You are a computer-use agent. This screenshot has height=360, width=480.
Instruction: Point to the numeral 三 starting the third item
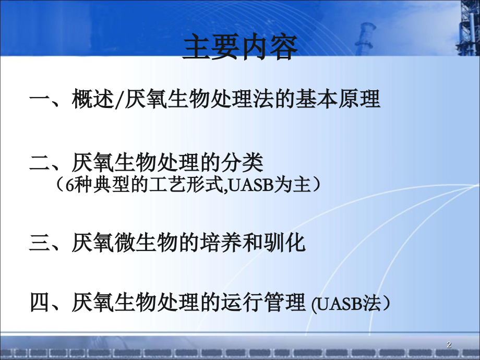coord(40,244)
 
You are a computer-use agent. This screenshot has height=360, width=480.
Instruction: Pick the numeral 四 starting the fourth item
coord(40,303)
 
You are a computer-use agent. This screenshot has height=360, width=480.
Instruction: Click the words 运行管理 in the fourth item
coord(263,303)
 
